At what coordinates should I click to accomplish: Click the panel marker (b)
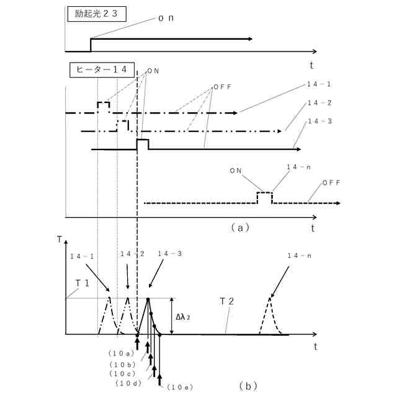point(248,386)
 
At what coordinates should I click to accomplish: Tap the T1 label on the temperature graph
point(83,283)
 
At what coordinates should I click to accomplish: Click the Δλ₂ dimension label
point(183,317)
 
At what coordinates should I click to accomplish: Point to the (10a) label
point(120,354)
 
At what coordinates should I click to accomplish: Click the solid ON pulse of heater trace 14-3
point(142,144)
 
